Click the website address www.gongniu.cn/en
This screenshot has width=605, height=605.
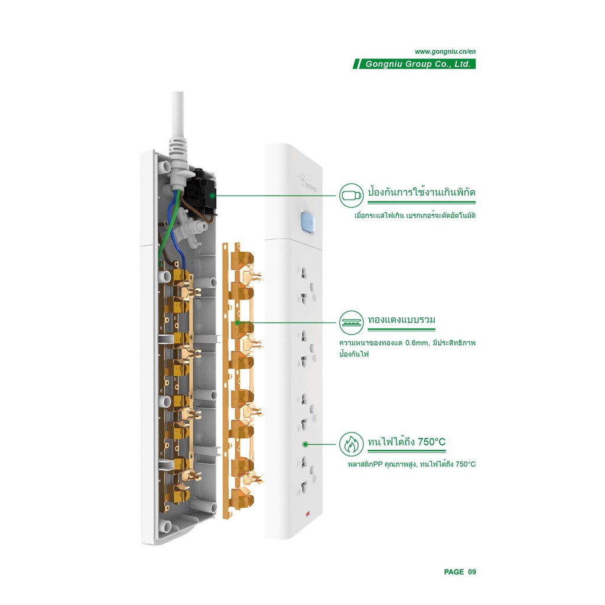tap(445, 52)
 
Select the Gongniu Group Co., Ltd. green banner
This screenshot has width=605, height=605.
tap(414, 64)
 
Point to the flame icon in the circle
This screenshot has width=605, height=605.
tap(351, 444)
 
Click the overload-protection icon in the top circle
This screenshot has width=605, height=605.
tap(351, 195)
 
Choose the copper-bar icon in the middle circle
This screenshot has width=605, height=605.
tap(351, 323)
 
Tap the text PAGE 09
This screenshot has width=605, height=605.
tap(460, 572)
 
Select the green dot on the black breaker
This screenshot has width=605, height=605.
tap(212, 196)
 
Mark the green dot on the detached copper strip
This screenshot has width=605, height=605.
tap(238, 323)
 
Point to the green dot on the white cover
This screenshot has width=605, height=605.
tap(305, 444)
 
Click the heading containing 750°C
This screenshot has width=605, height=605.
tap(406, 441)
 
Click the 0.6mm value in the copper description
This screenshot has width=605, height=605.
tap(416, 343)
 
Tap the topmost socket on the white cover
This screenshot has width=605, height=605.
tap(307, 286)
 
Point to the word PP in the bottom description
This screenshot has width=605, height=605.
tap(378, 464)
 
